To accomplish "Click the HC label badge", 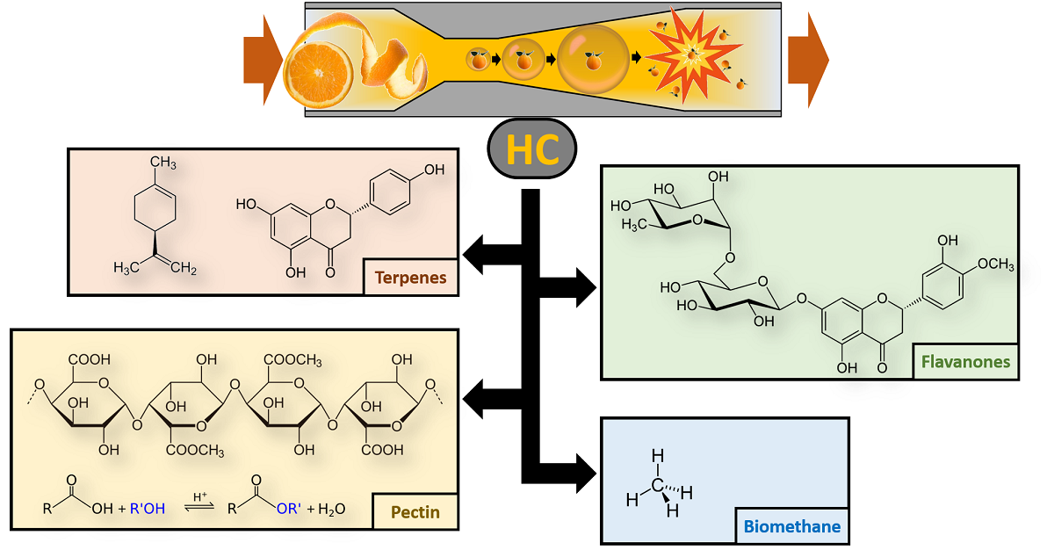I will tap(532, 151).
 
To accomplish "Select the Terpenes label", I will tap(410, 278).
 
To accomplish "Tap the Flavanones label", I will tap(965, 362).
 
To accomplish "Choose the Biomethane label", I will tap(791, 527).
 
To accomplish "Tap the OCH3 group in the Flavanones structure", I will tap(990, 265).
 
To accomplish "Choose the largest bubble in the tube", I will tap(592, 58).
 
